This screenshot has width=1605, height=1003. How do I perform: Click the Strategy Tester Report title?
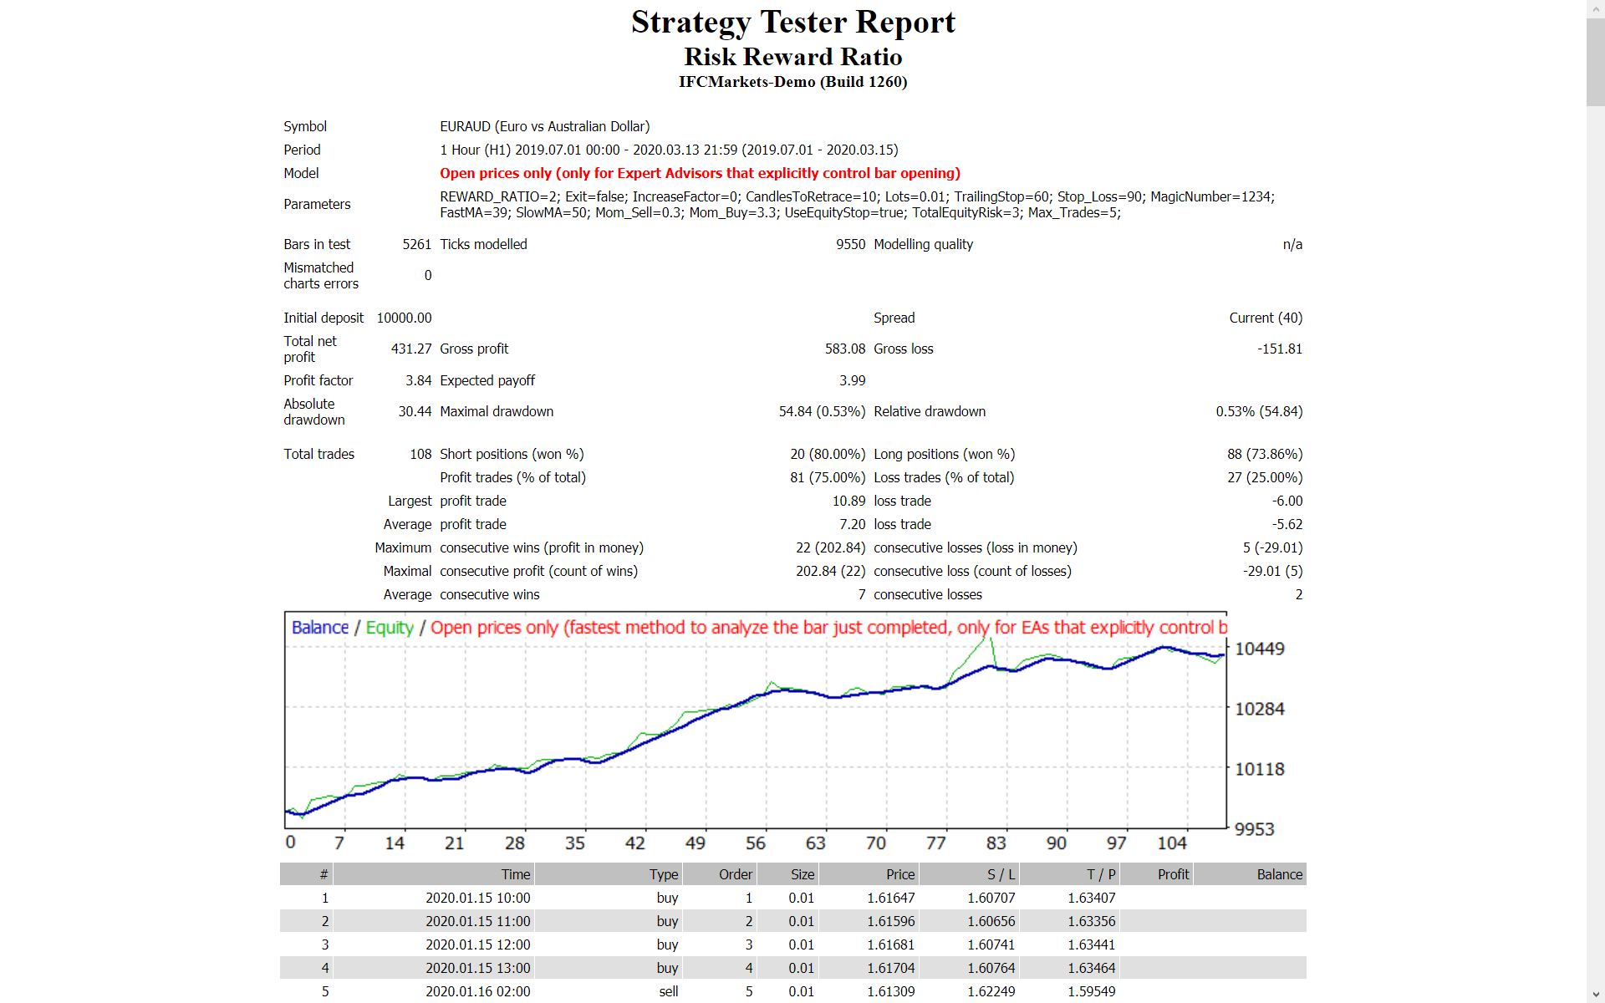(792, 23)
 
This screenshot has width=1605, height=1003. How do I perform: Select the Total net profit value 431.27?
(411, 349)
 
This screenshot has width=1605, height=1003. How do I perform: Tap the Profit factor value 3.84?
(418, 380)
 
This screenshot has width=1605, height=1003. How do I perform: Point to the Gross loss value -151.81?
(1279, 349)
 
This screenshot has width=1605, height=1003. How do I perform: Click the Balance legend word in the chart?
(320, 628)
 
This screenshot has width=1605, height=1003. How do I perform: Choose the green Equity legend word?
(390, 628)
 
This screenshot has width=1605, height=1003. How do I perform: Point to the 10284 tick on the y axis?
(1260, 709)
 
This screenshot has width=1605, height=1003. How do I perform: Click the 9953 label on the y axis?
(1255, 829)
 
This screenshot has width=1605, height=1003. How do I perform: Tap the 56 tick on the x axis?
(756, 843)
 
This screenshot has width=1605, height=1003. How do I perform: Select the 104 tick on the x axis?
(1172, 843)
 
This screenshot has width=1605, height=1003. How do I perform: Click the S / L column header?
(1001, 874)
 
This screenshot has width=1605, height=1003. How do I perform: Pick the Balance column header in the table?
(1279, 874)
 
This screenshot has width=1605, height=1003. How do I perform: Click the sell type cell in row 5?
(668, 991)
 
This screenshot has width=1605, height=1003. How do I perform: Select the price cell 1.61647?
(890, 898)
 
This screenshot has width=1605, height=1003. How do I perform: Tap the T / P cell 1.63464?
(1091, 968)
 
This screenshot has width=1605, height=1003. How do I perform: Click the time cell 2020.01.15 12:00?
(477, 944)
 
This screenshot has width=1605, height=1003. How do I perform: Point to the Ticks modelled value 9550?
(850, 244)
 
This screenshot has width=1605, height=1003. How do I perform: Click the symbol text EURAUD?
(465, 126)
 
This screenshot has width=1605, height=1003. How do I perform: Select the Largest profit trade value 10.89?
(848, 501)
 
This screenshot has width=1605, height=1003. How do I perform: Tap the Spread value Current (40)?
(1266, 318)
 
